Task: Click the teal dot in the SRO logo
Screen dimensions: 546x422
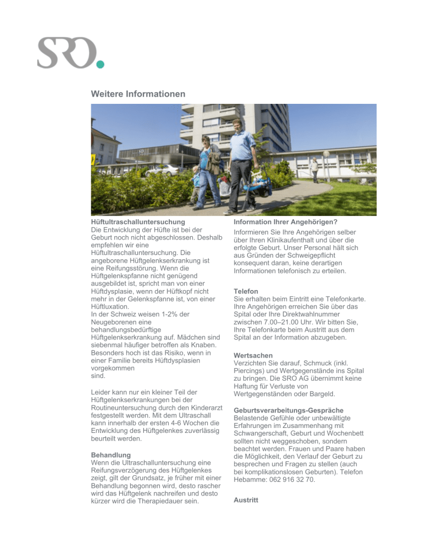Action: click(100, 64)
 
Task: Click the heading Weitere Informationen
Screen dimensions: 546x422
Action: click(138, 94)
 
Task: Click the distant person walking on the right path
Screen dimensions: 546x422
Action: click(314, 169)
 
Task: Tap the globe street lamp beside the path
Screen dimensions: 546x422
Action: click(326, 156)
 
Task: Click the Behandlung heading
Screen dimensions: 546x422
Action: click(111, 455)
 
